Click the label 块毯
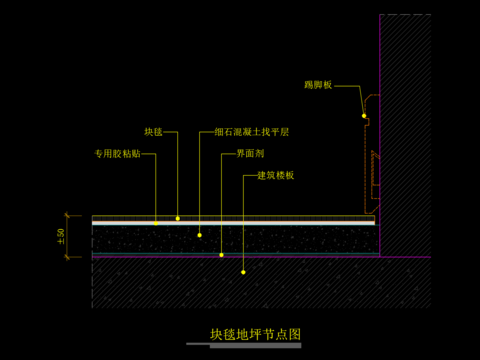point(153,131)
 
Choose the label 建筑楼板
point(275,175)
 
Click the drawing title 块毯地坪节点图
point(255,334)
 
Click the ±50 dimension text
point(61,236)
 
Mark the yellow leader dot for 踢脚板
point(363,116)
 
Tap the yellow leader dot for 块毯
point(178,217)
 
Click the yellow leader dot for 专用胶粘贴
point(156,223)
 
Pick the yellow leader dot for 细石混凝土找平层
point(199,235)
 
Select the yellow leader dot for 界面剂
point(222,254)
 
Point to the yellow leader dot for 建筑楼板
point(243,270)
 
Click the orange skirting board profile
point(369,150)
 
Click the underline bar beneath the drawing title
point(255,346)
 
